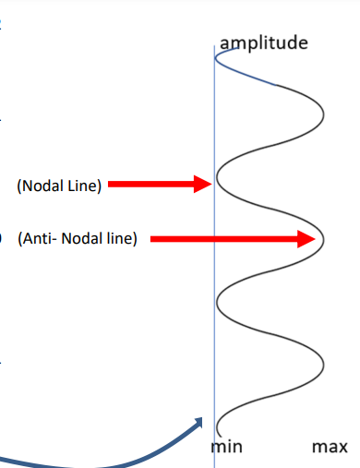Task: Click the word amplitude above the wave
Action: (264, 42)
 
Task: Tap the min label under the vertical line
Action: (227, 448)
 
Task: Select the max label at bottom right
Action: (330, 448)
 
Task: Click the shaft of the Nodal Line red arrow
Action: (151, 185)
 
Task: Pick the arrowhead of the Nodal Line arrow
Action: (204, 185)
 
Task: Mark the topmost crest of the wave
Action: (324, 116)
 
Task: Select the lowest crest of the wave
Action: (324, 366)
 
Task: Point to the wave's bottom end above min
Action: (219, 430)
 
